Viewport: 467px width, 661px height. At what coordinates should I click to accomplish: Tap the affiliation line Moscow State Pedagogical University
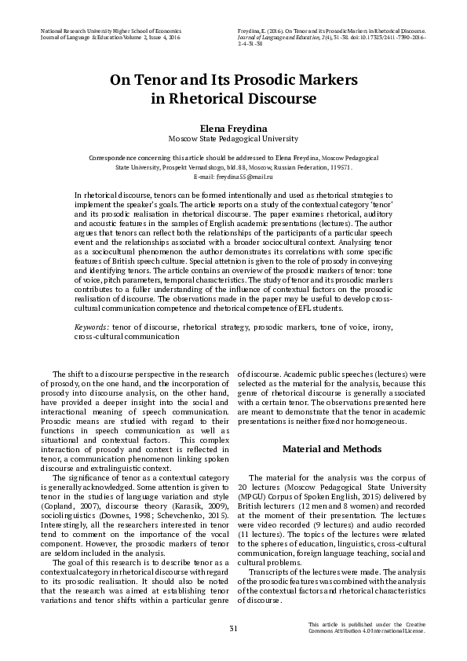pyautogui.click(x=233, y=137)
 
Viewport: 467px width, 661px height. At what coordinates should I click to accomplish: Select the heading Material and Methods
pyautogui.click(x=331, y=449)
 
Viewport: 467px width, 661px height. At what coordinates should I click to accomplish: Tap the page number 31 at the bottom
pyautogui.click(x=233, y=628)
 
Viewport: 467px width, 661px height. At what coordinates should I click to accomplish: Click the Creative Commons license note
pyautogui.click(x=367, y=628)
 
